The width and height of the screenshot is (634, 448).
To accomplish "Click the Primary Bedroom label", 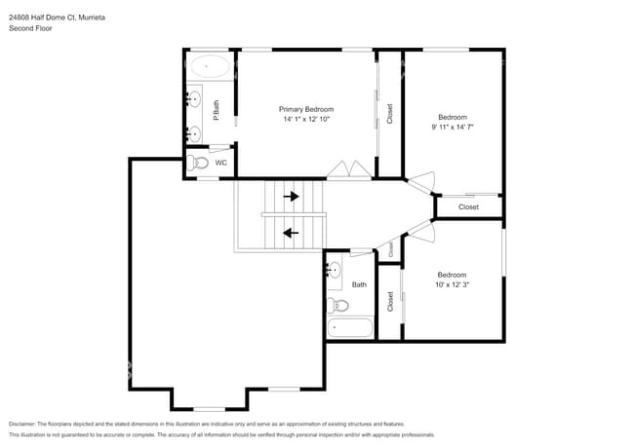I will (x=306, y=109).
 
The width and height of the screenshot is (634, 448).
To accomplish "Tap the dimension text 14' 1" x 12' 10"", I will (x=306, y=120).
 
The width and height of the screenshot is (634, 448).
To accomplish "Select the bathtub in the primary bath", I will (x=210, y=68).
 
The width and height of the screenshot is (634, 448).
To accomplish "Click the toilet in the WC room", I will (x=198, y=163).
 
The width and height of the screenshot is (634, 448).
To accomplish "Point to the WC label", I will (x=221, y=163).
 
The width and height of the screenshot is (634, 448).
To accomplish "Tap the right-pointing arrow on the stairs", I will (x=291, y=196).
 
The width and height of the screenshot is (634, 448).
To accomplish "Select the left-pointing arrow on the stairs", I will (x=290, y=232).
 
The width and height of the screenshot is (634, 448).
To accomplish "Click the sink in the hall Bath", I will (x=335, y=269).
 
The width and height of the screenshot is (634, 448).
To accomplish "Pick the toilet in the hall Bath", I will (x=339, y=305).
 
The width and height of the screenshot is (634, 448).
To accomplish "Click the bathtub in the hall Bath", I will (x=350, y=327).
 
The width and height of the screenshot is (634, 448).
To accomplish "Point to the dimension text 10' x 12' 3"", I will (x=452, y=284).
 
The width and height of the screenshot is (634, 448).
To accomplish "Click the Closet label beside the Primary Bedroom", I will (x=390, y=114).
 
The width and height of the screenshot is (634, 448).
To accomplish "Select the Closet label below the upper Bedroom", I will (x=468, y=206).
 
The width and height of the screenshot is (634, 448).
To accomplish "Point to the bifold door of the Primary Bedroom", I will (x=348, y=169).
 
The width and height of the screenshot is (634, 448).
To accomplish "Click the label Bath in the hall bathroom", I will (x=359, y=284).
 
